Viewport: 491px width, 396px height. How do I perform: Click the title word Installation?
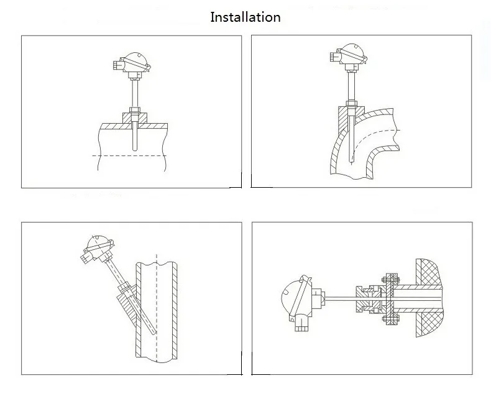[245, 17]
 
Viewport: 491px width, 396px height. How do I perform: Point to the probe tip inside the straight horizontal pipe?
[135, 147]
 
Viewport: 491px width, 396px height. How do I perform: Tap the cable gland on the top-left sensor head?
[119, 64]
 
